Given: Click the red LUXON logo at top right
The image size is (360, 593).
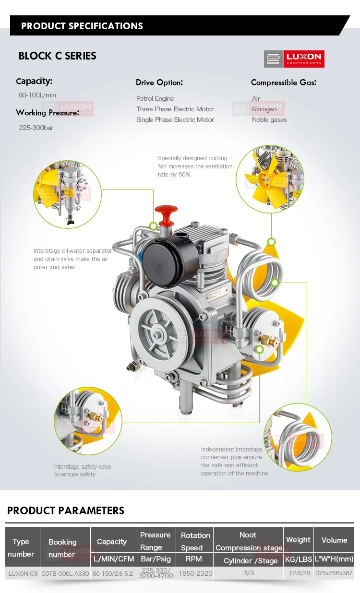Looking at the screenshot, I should [294, 59].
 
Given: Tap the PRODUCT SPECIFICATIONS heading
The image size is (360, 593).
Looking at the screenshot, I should [82, 26].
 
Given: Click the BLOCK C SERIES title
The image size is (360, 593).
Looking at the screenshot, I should [57, 56].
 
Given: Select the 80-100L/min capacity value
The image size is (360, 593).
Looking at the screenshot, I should [37, 95].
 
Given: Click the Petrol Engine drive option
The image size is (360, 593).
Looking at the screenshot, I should [155, 98].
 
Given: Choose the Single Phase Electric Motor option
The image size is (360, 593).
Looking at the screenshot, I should [175, 119].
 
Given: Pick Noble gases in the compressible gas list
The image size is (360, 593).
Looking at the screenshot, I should [269, 119].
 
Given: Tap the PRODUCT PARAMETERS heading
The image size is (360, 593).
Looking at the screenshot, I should [66, 510].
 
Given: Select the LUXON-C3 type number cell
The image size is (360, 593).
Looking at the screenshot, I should [23, 573].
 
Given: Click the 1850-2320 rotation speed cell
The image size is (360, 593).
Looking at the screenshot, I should [195, 573].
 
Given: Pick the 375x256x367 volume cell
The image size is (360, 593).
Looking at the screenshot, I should [334, 573].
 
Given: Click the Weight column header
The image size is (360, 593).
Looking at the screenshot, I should [298, 540].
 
